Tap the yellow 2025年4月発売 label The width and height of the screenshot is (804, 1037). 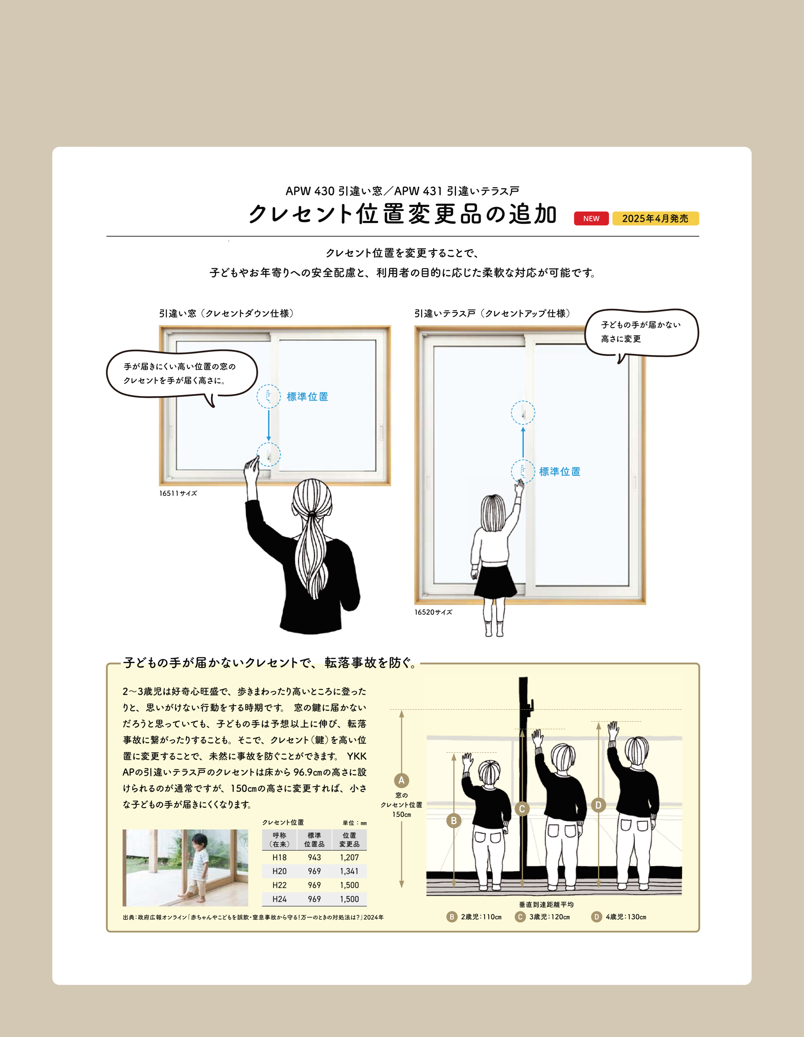tap(655, 218)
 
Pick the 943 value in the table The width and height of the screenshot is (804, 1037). tap(314, 857)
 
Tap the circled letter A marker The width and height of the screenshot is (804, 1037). tap(401, 780)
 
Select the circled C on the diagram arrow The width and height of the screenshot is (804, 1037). tap(522, 809)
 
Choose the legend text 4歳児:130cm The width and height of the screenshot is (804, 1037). tap(626, 917)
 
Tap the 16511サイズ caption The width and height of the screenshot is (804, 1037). tap(178, 493)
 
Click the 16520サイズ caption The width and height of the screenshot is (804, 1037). tap(433, 612)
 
